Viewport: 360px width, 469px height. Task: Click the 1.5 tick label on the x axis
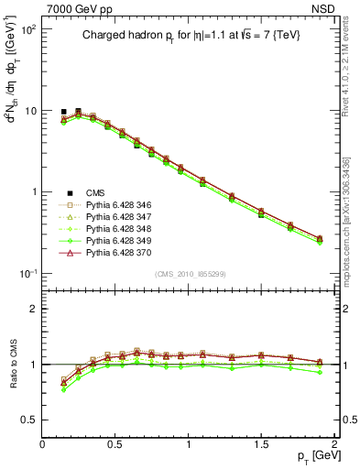point(262,442)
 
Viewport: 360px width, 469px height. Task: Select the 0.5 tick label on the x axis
point(115,442)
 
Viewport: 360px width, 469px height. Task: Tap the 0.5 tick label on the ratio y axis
point(29,420)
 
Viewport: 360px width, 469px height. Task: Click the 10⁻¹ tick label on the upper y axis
point(27,274)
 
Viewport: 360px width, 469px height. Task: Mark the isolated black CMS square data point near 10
point(63,112)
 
